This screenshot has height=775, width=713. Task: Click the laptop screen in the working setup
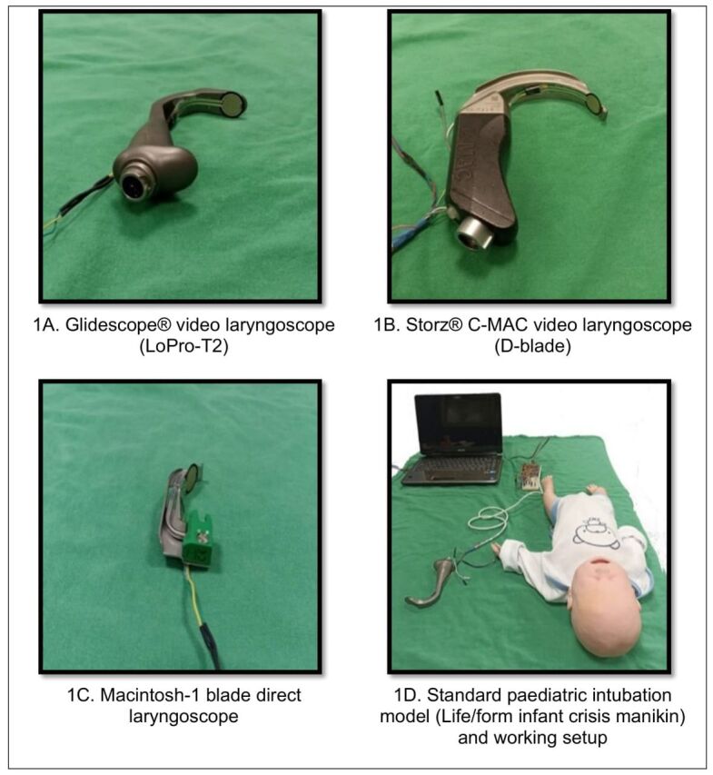tap(458, 425)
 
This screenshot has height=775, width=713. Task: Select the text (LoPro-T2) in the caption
tap(183, 346)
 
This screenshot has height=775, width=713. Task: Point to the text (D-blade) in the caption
tap(532, 346)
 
